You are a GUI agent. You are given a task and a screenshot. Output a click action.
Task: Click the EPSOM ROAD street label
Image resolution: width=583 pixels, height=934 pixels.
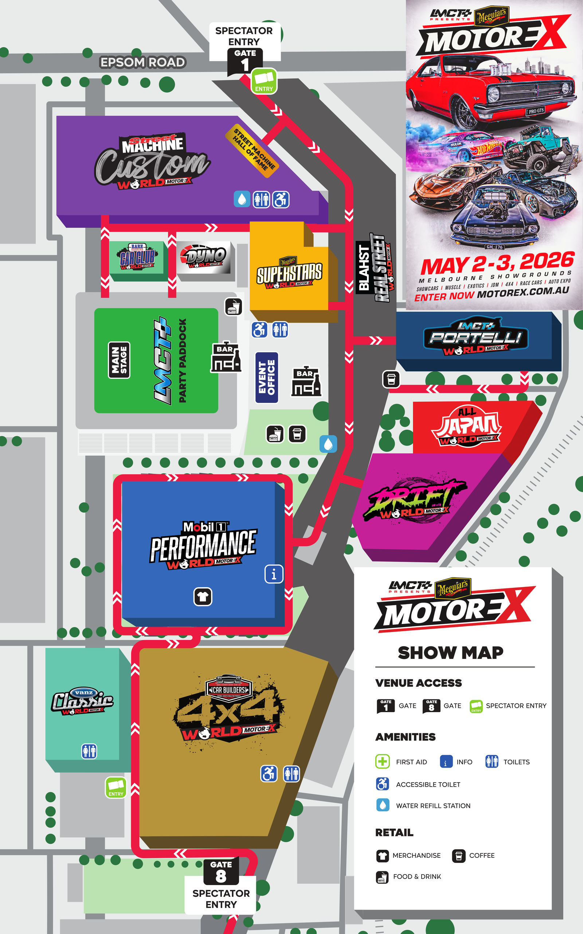click(x=143, y=62)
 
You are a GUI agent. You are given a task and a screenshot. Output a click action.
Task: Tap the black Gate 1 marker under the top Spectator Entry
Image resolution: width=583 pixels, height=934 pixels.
click(x=245, y=61)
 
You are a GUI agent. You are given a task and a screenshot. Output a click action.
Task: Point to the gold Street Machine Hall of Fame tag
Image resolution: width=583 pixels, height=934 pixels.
click(x=252, y=151)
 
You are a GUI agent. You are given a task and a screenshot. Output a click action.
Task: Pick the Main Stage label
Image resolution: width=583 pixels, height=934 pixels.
click(x=119, y=360)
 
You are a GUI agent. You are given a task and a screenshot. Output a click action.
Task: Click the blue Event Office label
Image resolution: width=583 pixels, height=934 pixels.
click(x=267, y=377)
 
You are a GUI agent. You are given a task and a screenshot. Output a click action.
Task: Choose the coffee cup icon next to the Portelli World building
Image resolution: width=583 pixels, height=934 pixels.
click(x=391, y=379)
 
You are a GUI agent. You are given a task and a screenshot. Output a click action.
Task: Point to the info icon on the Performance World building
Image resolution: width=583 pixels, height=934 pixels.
click(x=274, y=574)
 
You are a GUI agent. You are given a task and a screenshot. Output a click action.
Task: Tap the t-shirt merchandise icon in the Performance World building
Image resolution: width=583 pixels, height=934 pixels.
click(x=203, y=597)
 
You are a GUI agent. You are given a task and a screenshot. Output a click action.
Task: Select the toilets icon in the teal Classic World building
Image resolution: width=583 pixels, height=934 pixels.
click(x=89, y=751)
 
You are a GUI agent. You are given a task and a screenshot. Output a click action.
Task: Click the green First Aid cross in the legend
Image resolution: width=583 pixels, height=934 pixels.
click(x=382, y=761)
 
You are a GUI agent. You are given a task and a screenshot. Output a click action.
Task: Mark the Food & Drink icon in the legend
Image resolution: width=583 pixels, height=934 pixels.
click(x=382, y=877)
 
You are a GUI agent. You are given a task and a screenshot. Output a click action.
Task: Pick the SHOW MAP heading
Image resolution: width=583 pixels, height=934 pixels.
click(x=450, y=653)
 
